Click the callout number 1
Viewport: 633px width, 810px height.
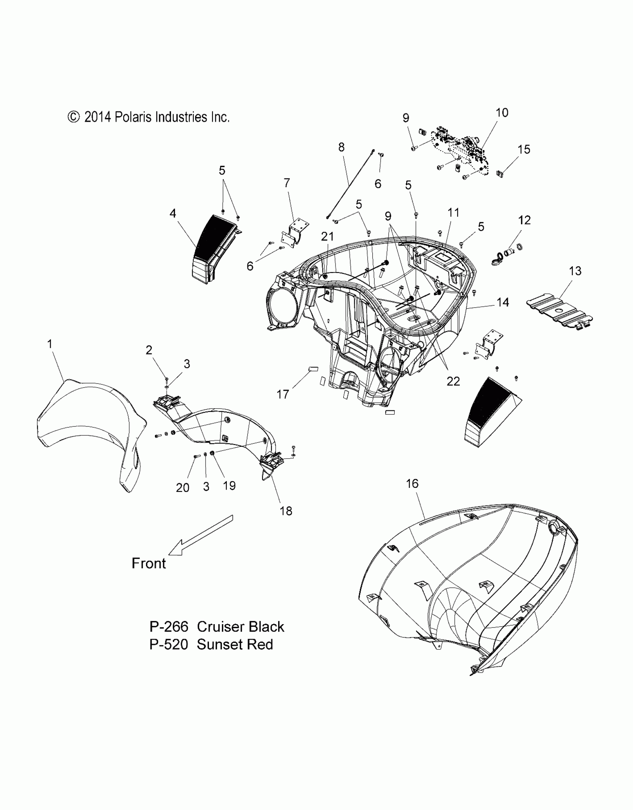pyautogui.click(x=50, y=344)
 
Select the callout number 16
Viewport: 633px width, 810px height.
pyautogui.click(x=412, y=483)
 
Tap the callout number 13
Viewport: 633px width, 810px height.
pyautogui.click(x=575, y=271)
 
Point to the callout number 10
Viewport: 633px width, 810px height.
pyautogui.click(x=502, y=112)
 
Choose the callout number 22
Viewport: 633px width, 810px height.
pyautogui.click(x=453, y=381)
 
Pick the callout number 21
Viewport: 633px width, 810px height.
pyautogui.click(x=328, y=236)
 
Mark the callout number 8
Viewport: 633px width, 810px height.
pyautogui.click(x=341, y=147)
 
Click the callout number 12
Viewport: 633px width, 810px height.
pyautogui.click(x=524, y=220)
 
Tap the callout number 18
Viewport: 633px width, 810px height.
pyautogui.click(x=286, y=511)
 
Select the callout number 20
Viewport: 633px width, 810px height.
pyautogui.click(x=182, y=487)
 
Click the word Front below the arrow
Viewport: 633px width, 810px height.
pyautogui.click(x=149, y=563)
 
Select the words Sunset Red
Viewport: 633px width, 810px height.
pyautogui.click(x=235, y=645)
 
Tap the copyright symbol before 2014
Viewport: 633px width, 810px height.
pyautogui.click(x=74, y=117)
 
